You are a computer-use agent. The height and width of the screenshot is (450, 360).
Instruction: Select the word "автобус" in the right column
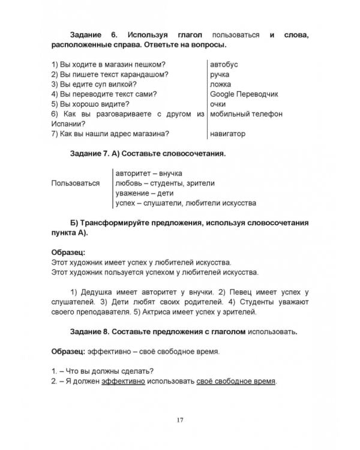pyautogui.click(x=224, y=64)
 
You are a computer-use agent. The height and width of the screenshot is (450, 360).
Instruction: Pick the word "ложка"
pyautogui.click(x=221, y=85)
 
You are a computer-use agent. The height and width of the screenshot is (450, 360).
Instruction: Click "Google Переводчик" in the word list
pyautogui.click(x=244, y=94)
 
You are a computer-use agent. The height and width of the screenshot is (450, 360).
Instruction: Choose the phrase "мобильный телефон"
pyautogui.click(x=246, y=114)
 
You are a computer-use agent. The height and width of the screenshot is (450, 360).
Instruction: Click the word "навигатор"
pyautogui.click(x=228, y=134)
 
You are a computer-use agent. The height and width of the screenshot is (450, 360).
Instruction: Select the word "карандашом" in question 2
pyautogui.click(x=142, y=74)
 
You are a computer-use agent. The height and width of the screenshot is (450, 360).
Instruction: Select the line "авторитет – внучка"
pyautogui.click(x=148, y=173)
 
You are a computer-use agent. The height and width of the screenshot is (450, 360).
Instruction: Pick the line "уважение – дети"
pyautogui.click(x=142, y=193)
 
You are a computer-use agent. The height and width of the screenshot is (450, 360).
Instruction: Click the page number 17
pyautogui.click(x=179, y=419)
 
